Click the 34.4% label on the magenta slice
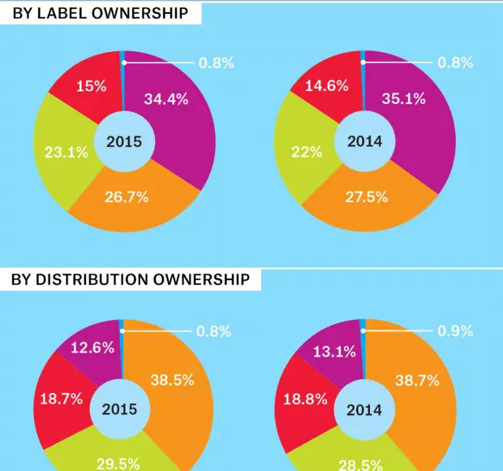166,100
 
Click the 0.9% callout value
455,331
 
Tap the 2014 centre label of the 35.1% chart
364,141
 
